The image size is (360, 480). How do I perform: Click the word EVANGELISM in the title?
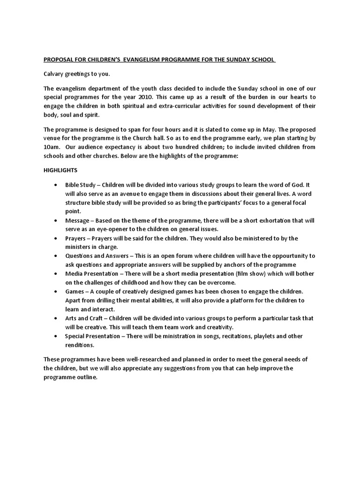click(137, 60)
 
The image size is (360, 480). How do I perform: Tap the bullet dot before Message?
click(56, 220)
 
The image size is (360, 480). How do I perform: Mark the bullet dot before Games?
click(56, 291)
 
